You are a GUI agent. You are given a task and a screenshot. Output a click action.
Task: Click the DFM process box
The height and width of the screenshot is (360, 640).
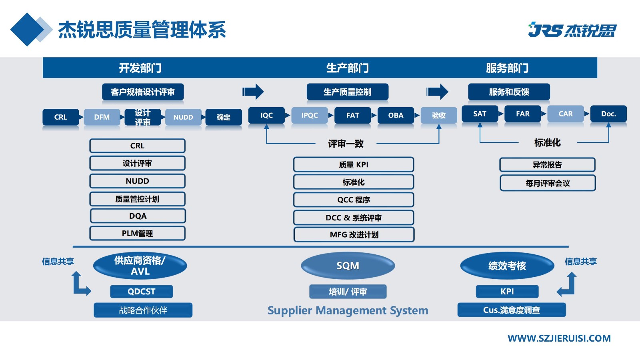click(x=102, y=117)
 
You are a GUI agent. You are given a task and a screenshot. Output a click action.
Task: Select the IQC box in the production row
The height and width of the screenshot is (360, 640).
click(x=266, y=115)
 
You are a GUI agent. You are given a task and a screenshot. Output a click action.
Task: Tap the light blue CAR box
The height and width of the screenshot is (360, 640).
click(x=566, y=114)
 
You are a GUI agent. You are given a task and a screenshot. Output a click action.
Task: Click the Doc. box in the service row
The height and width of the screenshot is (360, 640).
click(x=608, y=114)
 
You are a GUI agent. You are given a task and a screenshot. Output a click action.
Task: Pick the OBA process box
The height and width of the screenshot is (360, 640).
click(x=396, y=115)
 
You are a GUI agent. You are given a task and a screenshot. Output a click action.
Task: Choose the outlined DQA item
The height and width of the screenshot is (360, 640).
click(x=138, y=216)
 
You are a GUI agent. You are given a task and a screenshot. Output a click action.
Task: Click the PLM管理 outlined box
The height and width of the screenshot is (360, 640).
click(x=138, y=233)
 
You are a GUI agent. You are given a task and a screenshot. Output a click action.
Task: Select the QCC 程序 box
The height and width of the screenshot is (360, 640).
click(x=354, y=200)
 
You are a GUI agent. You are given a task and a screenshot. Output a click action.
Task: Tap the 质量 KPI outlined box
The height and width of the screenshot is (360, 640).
click(x=354, y=164)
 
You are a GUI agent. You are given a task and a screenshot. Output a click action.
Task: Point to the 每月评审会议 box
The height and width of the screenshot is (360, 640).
click(x=548, y=183)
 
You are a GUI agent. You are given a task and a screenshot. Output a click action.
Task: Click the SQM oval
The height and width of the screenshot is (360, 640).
click(x=348, y=266)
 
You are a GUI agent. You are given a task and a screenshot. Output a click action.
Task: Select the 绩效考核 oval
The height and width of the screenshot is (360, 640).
click(x=507, y=266)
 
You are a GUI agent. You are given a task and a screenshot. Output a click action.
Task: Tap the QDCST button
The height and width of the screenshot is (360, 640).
click(x=141, y=292)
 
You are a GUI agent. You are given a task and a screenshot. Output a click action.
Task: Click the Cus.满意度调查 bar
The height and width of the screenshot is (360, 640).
click(x=512, y=310)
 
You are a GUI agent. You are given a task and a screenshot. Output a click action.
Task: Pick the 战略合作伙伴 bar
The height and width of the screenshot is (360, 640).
click(x=143, y=310)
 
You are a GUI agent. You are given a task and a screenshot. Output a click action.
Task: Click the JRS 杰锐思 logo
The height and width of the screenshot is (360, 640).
click(x=572, y=30)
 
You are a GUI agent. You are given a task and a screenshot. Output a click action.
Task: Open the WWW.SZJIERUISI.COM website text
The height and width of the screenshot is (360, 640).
click(x=559, y=338)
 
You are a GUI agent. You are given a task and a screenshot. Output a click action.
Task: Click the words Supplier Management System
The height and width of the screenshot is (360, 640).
click(x=348, y=310)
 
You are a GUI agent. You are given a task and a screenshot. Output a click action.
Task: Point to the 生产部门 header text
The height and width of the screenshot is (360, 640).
click(x=347, y=68)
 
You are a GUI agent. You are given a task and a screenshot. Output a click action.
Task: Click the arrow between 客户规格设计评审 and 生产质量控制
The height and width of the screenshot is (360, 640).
click(x=253, y=92)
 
